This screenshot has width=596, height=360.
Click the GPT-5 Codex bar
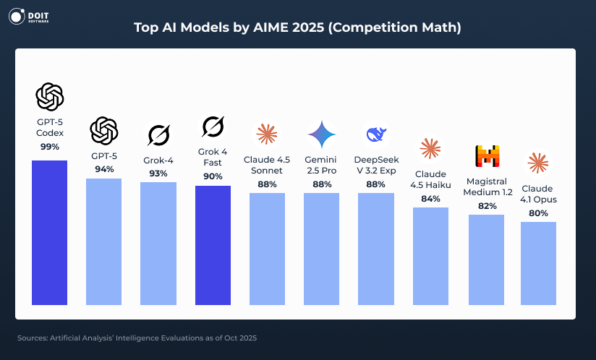pyautogui.click(x=49, y=232)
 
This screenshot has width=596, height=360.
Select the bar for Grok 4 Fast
pyautogui.click(x=213, y=245)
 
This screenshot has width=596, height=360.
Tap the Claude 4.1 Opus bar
pyautogui.click(x=538, y=263)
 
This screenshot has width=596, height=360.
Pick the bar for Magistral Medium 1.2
pyautogui.click(x=486, y=260)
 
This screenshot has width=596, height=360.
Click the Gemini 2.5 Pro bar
pyautogui.click(x=321, y=249)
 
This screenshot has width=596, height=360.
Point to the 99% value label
pyautogui.click(x=50, y=146)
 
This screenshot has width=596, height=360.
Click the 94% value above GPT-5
pyautogui.click(x=104, y=169)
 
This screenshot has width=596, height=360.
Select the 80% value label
pyautogui.click(x=538, y=213)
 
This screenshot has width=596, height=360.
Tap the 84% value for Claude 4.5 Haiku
pyautogui.click(x=430, y=199)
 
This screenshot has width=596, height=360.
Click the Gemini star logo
pyautogui.click(x=321, y=134)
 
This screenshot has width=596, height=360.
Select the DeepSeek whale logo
pyautogui.click(x=376, y=134)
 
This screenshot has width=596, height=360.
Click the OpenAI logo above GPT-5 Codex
pyautogui.click(x=50, y=95)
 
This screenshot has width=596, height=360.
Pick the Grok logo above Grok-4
pyautogui.click(x=158, y=134)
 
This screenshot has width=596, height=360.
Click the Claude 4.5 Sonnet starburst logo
pyautogui.click(x=267, y=134)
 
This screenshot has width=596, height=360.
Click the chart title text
pyautogui.click(x=297, y=27)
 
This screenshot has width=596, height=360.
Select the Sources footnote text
pyautogui.click(x=137, y=338)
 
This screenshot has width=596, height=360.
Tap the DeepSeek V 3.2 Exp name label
pyautogui.click(x=376, y=165)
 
